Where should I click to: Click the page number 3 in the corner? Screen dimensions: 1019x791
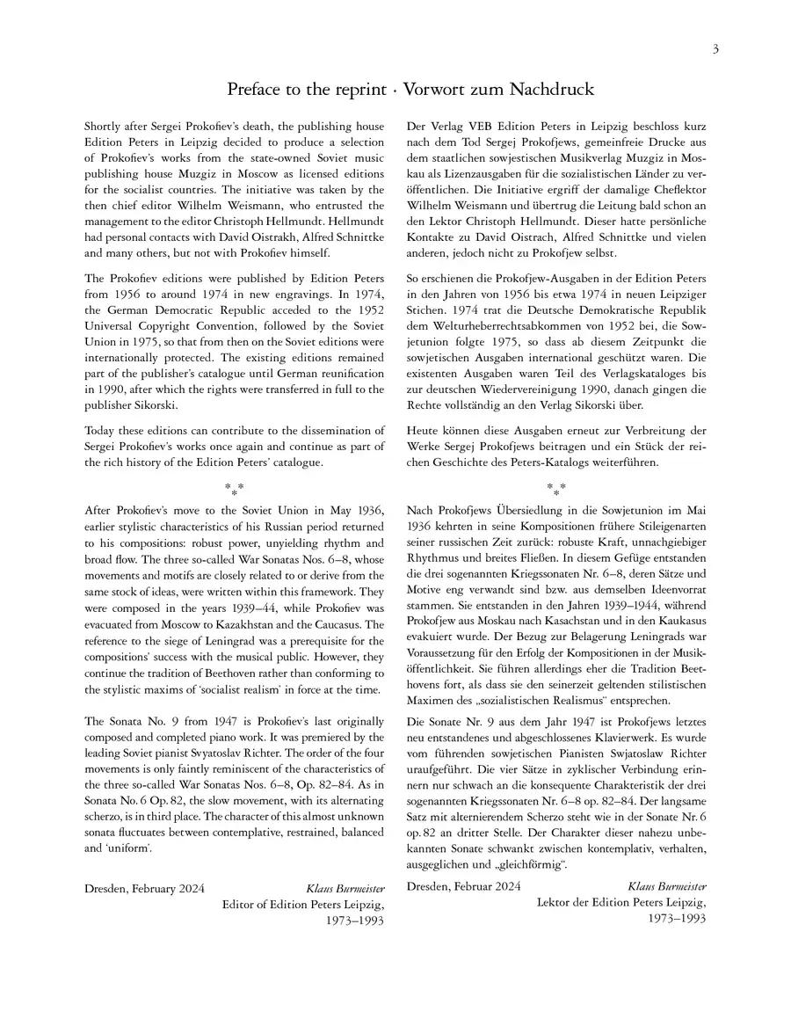pyautogui.click(x=715, y=49)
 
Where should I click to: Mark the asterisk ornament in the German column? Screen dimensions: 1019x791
pyautogui.click(x=556, y=488)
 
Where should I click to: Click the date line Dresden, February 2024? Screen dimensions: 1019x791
pyautogui.click(x=145, y=889)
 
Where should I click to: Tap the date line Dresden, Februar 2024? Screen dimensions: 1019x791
pyautogui.click(x=464, y=886)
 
